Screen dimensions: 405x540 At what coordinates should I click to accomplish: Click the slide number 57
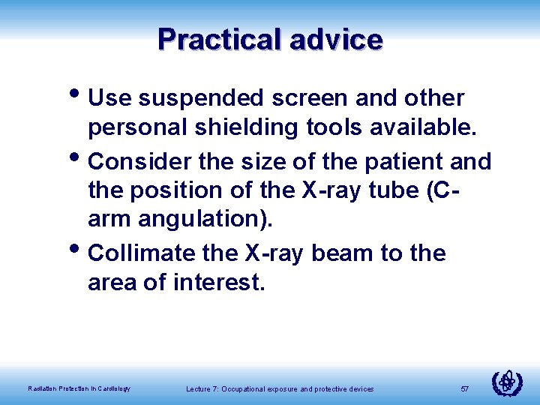point(464,388)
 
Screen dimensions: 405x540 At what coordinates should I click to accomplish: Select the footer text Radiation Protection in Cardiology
point(79,388)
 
